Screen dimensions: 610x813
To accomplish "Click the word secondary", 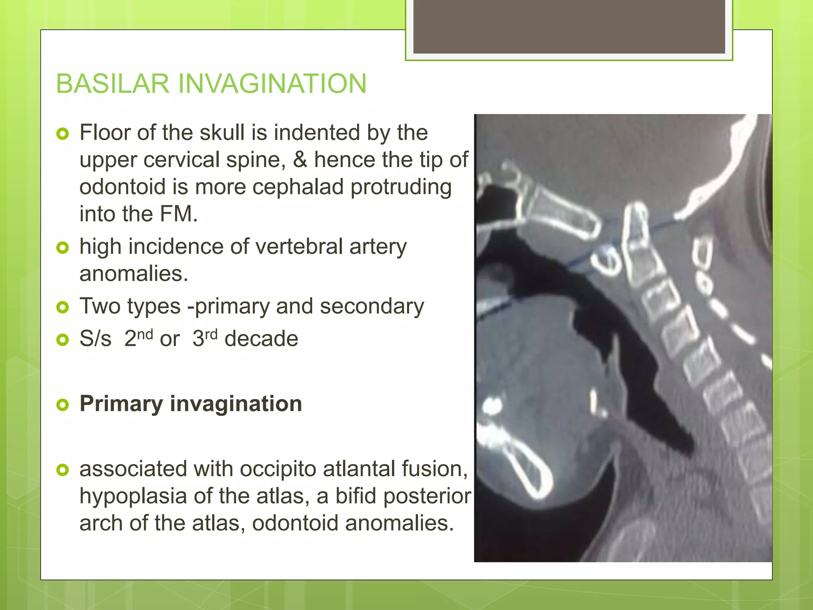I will (372, 307).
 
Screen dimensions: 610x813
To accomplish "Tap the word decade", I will (261, 339).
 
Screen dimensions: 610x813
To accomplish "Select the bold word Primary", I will (121, 404).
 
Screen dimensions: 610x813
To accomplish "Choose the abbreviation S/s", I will (95, 339).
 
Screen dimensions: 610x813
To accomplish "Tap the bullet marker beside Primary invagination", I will (63, 405).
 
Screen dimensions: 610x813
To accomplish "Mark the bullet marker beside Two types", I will (63, 307).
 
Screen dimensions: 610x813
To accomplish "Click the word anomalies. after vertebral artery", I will (134, 274).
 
